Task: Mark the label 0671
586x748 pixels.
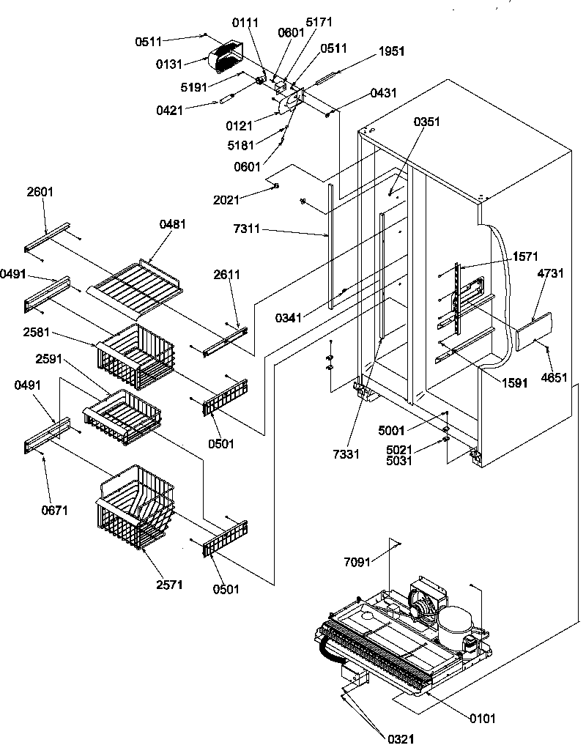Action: coord(55,510)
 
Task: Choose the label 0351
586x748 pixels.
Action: coord(427,122)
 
